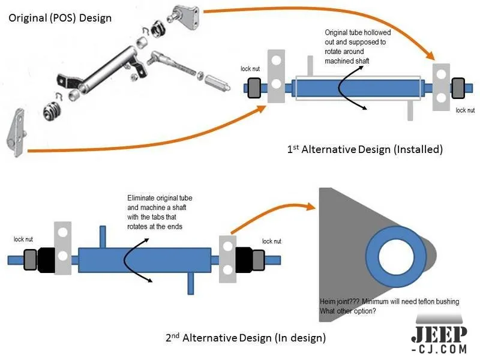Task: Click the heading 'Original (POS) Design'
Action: (x=60, y=17)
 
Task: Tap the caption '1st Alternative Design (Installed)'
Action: (x=365, y=149)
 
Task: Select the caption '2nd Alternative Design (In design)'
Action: (x=245, y=338)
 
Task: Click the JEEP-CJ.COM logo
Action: (x=440, y=338)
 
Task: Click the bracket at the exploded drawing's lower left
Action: (x=17, y=133)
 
